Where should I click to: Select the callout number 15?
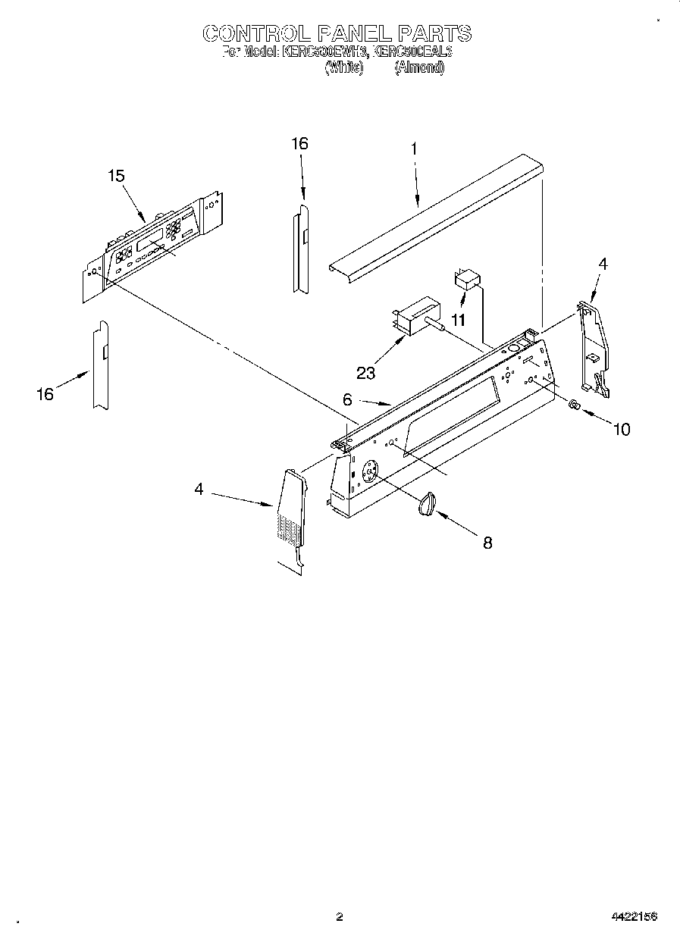pyautogui.click(x=116, y=176)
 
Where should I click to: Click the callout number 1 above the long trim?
pyautogui.click(x=414, y=149)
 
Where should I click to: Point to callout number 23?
pyautogui.click(x=367, y=372)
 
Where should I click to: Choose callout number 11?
pyautogui.click(x=457, y=321)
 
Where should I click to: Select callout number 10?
pyautogui.click(x=621, y=430)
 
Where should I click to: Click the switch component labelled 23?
pyautogui.click(x=417, y=314)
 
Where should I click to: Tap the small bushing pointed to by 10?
pyautogui.click(x=575, y=405)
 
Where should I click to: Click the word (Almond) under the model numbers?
pyautogui.click(x=419, y=67)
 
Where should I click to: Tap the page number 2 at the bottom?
pyautogui.click(x=340, y=917)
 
